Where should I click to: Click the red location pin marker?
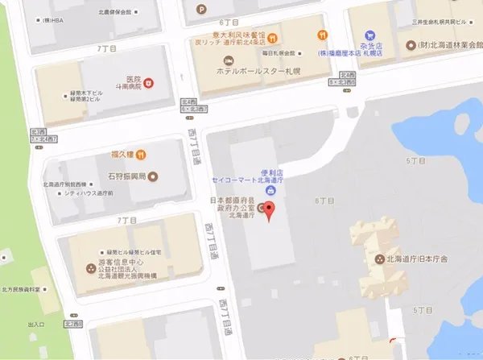tap(270, 212)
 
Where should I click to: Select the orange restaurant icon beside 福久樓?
tap(141, 154)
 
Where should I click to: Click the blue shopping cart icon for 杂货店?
tap(369, 35)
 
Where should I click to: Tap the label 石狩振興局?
tap(128, 176)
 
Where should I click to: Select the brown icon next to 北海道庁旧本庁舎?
tap(381, 259)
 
